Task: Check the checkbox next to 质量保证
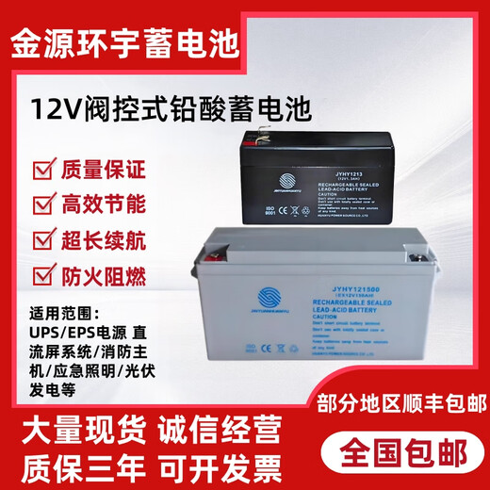click(43, 171)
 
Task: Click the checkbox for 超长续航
click(43, 242)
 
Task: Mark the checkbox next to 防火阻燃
click(43, 278)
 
